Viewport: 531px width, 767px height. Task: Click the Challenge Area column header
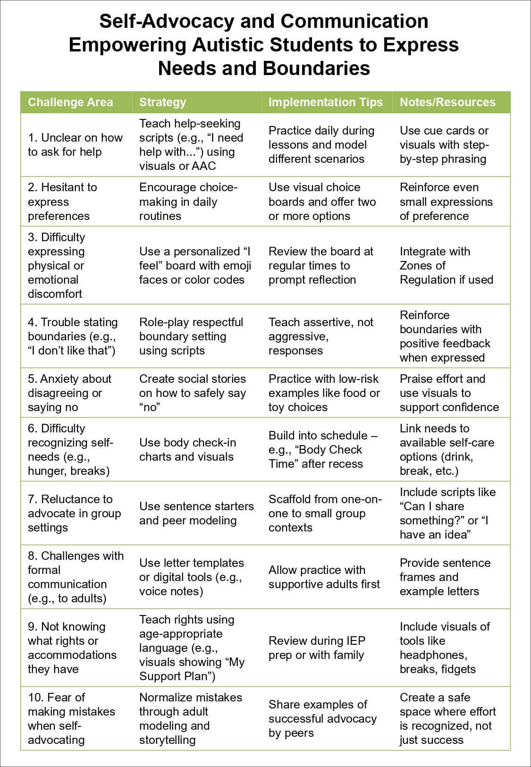click(70, 102)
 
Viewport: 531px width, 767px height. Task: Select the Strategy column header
click(162, 102)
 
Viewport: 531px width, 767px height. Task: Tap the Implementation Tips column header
click(325, 102)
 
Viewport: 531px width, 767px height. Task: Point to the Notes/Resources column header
click(447, 102)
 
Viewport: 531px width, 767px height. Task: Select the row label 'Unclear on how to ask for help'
click(75, 145)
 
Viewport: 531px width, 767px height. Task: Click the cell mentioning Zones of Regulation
click(446, 265)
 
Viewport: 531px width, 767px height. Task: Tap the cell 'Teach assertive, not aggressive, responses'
click(320, 336)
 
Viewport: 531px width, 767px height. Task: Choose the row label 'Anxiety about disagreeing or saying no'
click(69, 393)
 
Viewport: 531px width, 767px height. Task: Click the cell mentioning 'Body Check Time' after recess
click(323, 449)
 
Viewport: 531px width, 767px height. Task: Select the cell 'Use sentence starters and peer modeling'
click(196, 513)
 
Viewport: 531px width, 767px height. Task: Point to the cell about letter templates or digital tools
click(191, 577)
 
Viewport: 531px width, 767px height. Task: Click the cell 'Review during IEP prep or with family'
click(317, 648)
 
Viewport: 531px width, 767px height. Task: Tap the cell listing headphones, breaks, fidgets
click(445, 648)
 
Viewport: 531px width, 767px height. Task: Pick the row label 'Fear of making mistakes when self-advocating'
click(71, 718)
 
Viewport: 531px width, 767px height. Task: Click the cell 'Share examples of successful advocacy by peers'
click(322, 718)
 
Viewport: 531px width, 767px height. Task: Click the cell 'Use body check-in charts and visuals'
click(187, 449)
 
